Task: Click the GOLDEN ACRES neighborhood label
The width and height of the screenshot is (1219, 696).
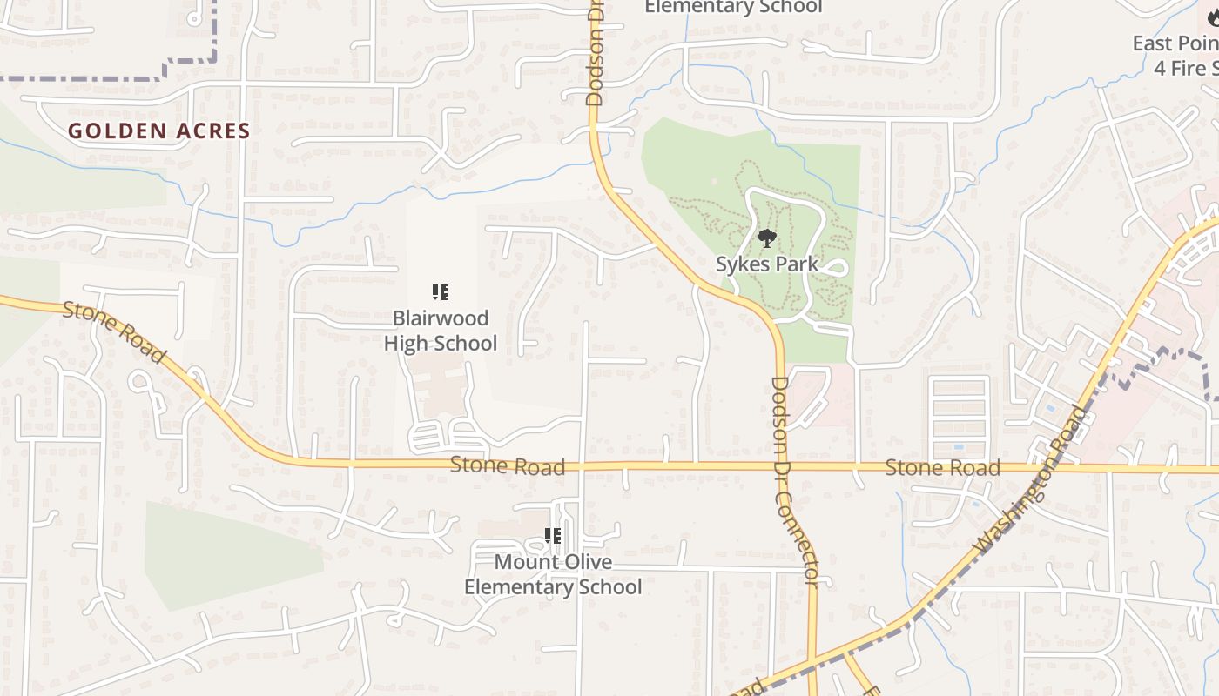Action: point(159,131)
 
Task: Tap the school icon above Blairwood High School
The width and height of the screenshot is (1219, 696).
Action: point(441,292)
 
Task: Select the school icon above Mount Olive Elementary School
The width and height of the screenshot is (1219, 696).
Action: point(552,536)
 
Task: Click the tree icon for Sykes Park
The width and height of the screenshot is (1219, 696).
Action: point(766,238)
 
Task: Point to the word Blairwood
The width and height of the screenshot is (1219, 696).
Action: point(441,318)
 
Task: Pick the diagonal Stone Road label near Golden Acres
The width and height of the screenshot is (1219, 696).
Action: point(113,332)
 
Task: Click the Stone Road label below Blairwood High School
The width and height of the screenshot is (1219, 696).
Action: point(508,466)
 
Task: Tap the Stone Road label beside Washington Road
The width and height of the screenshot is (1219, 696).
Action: point(942,468)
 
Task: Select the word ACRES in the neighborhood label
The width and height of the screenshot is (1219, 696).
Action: point(210,131)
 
